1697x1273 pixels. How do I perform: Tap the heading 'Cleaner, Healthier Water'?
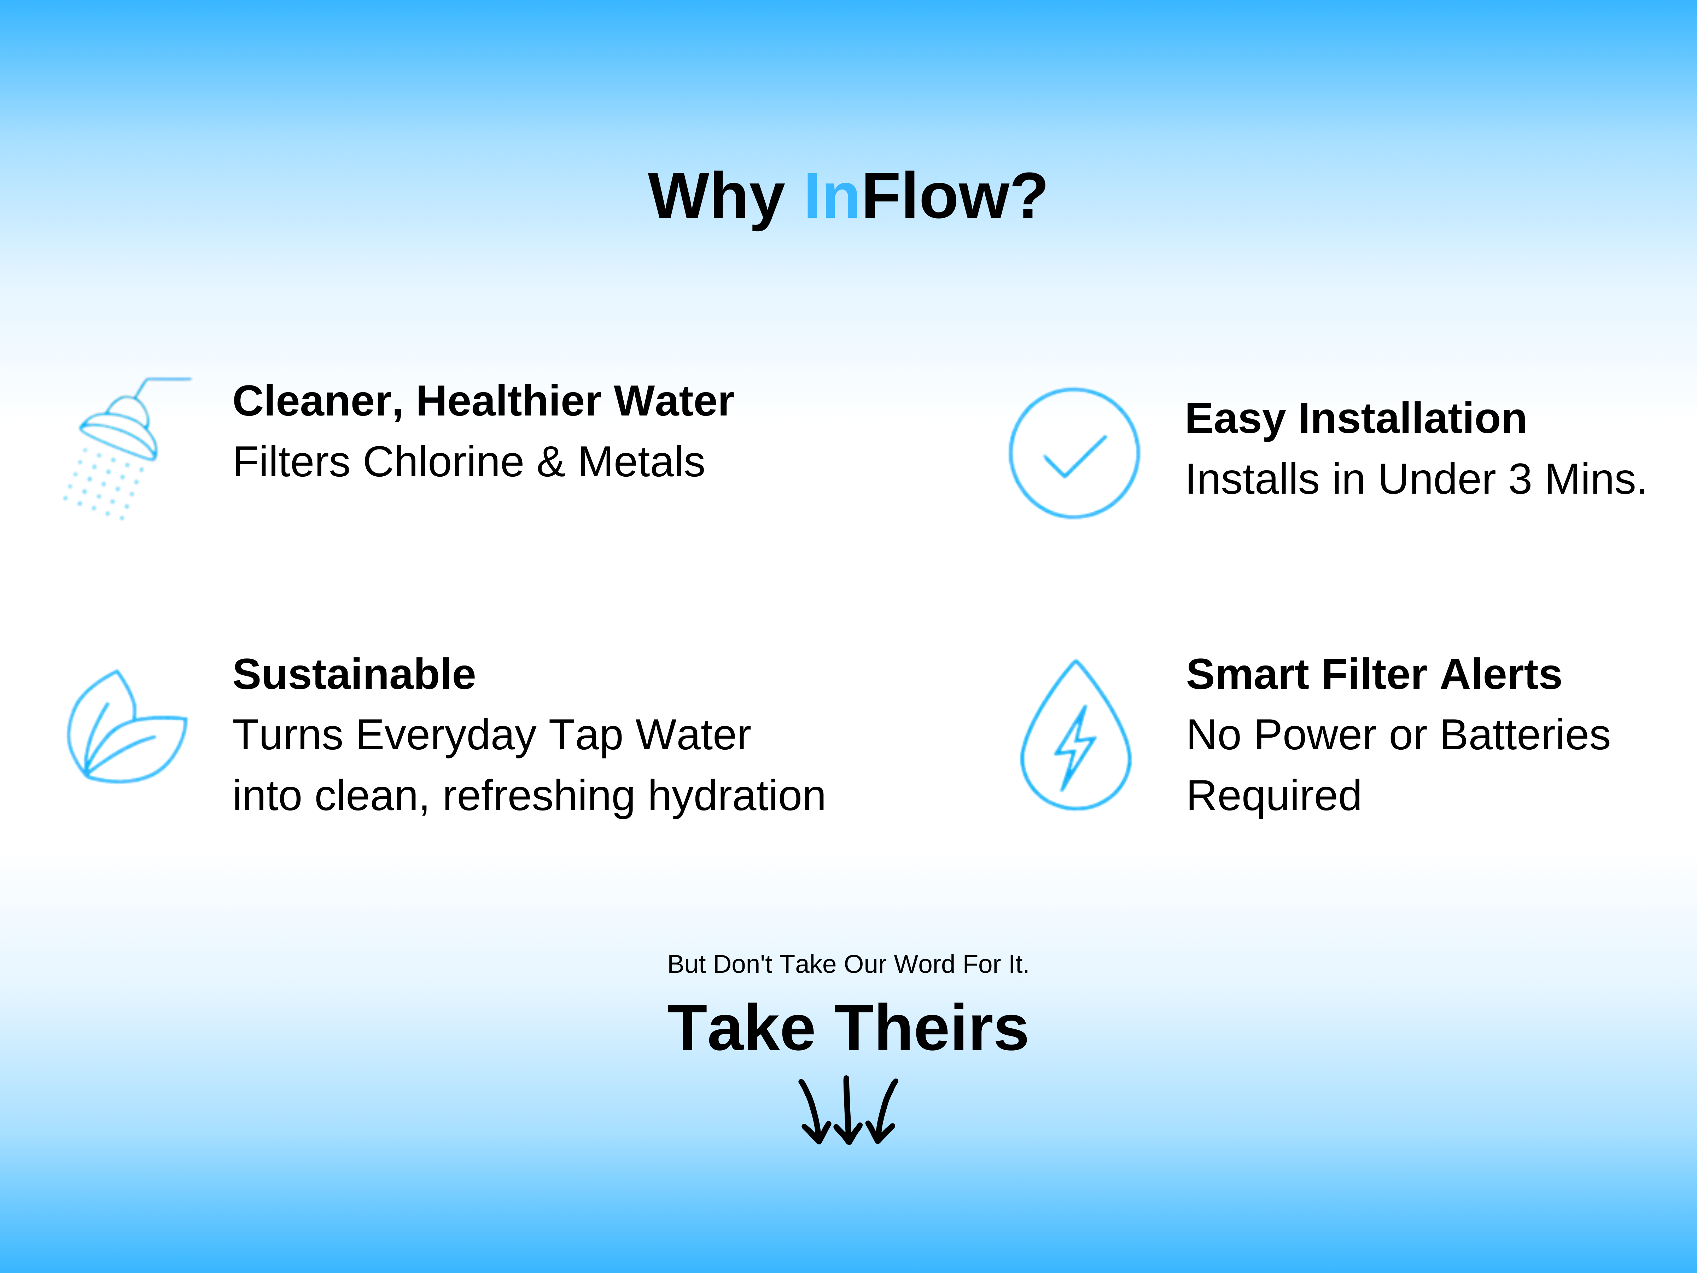[483, 401]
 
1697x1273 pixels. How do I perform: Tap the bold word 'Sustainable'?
[355, 674]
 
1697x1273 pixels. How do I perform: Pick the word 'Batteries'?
[1525, 735]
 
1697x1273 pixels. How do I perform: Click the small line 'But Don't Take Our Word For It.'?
[848, 964]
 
